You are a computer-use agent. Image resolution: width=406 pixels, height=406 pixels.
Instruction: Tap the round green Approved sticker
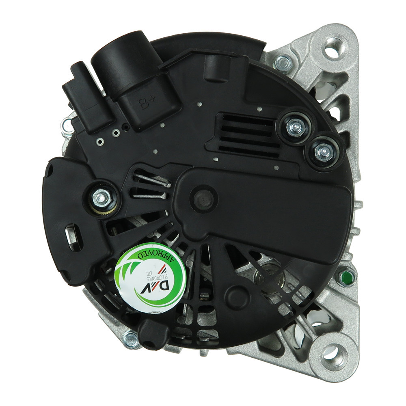pos(150,279)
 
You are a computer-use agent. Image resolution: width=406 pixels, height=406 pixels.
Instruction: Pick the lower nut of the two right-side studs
pos(324,151)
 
